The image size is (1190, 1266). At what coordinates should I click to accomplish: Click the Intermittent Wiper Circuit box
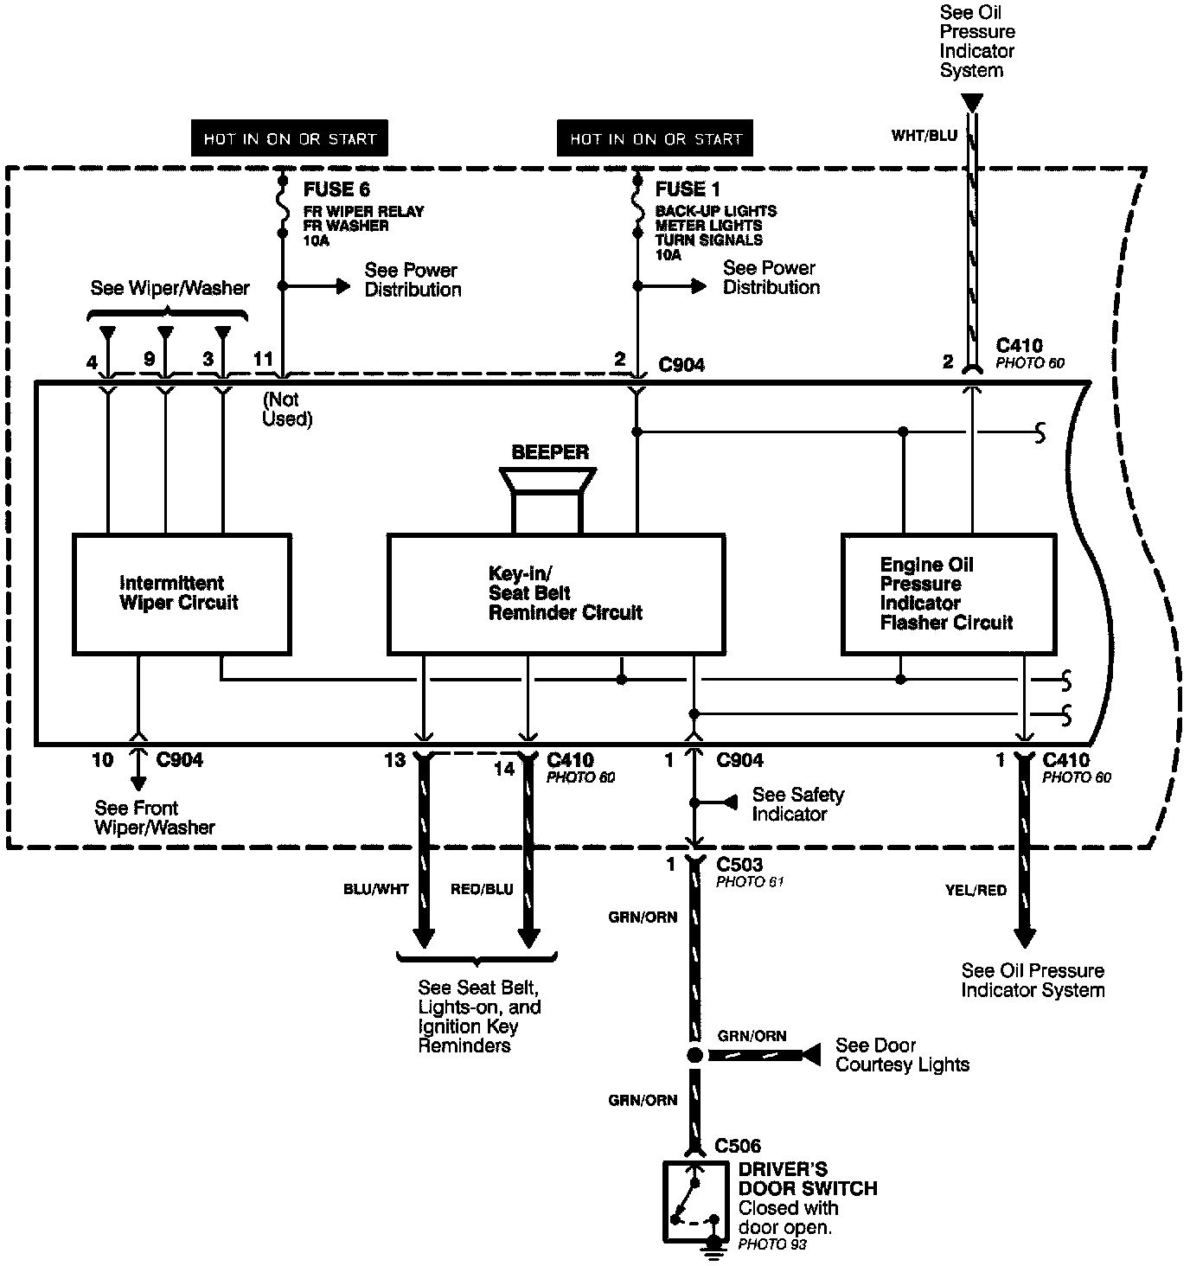pyautogui.click(x=181, y=593)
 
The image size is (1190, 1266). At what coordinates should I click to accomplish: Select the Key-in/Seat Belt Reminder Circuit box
pyautogui.click(x=555, y=593)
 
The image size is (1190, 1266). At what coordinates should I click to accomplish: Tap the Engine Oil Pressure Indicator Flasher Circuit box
pyautogui.click(x=948, y=593)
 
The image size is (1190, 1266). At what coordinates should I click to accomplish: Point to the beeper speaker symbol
pyautogui.click(x=548, y=500)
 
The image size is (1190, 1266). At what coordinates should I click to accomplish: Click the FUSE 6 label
pyautogui.click(x=336, y=189)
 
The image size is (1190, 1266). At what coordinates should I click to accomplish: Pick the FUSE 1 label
pyautogui.click(x=688, y=189)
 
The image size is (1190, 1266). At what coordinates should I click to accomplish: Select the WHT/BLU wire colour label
pyautogui.click(x=924, y=136)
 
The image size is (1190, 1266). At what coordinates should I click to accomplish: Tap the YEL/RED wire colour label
pyautogui.click(x=976, y=890)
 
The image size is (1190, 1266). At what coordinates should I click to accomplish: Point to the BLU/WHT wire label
pyautogui.click(x=375, y=889)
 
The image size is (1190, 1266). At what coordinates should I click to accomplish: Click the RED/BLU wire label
pyautogui.click(x=482, y=889)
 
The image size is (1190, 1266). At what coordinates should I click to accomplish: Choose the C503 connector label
pyautogui.click(x=739, y=864)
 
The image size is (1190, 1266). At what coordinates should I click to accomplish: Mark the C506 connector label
pyautogui.click(x=738, y=1147)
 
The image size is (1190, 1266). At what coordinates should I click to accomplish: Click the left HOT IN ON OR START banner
pyautogui.click(x=290, y=138)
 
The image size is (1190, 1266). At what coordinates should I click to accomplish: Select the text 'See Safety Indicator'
pyautogui.click(x=797, y=804)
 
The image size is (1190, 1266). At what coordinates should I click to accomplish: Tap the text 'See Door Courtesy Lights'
pyautogui.click(x=902, y=1055)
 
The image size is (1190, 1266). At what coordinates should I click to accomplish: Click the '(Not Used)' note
pyautogui.click(x=286, y=409)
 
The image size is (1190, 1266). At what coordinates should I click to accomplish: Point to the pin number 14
pyautogui.click(x=504, y=768)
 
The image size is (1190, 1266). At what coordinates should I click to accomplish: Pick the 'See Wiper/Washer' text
pyautogui.click(x=170, y=288)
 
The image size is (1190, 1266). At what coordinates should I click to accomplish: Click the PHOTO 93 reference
pyautogui.click(x=772, y=1244)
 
